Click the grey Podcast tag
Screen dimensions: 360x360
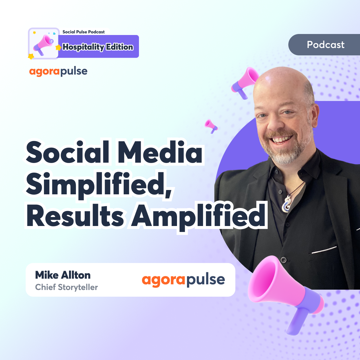coord(324,45)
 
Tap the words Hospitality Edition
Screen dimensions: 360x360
coord(98,47)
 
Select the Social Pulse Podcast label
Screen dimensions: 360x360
coord(84,32)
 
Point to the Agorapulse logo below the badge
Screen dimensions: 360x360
coord(58,72)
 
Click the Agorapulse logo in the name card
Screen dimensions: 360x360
coord(183,280)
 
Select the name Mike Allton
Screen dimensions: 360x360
coord(63,275)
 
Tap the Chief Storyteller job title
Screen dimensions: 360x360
coord(66,287)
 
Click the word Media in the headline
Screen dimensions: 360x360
coord(160,152)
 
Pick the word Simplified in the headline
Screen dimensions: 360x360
coord(99,185)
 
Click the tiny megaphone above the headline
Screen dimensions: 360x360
coord(211,126)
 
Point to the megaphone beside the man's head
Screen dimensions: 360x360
coord(244,83)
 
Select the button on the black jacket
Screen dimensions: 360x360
coord(284,260)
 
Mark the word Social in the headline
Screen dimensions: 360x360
coord(68,152)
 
